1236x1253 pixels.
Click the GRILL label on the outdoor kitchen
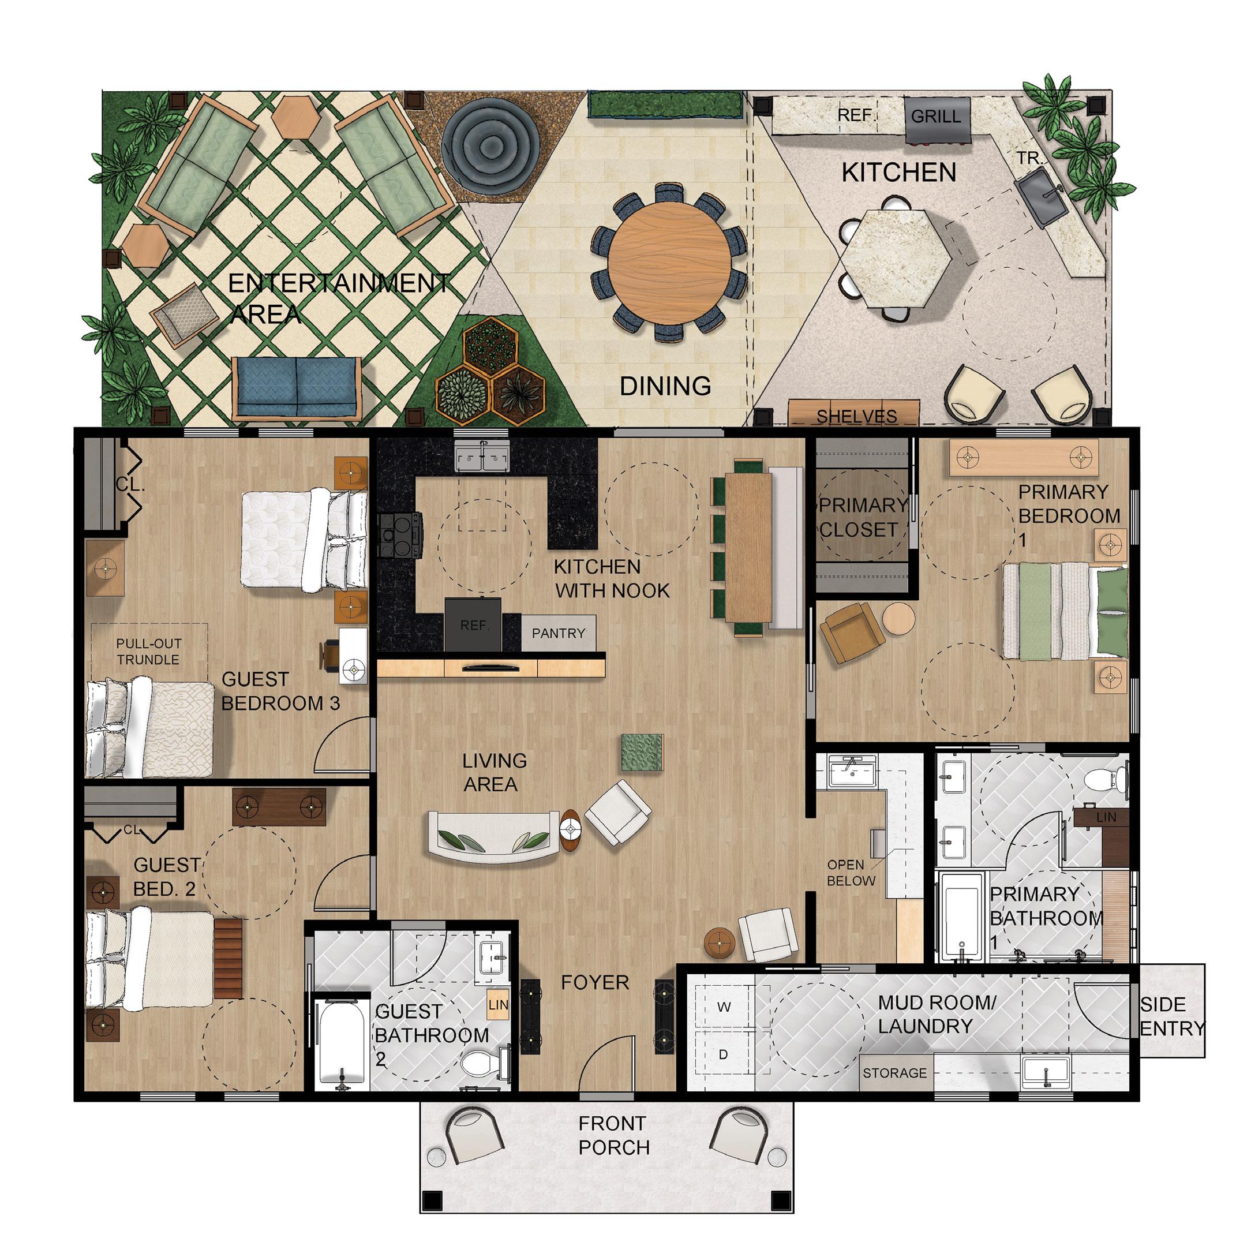click(x=936, y=117)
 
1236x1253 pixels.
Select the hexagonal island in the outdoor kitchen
click(x=897, y=257)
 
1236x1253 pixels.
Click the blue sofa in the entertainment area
click(x=297, y=387)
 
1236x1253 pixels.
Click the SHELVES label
click(x=856, y=416)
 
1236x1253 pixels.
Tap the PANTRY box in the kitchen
click(x=559, y=633)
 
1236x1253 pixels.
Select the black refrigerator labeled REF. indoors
click(x=473, y=623)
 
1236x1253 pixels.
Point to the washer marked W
click(x=724, y=1007)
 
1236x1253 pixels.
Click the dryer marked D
click(x=723, y=1054)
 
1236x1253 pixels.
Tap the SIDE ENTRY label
click(x=1172, y=1016)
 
